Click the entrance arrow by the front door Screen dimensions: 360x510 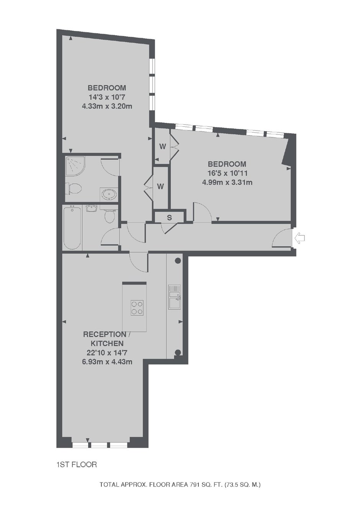(x=299, y=239)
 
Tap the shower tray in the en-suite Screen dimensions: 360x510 (x=75, y=166)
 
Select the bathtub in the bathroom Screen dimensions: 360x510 (x=72, y=228)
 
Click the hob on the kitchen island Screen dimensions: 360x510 (x=137, y=308)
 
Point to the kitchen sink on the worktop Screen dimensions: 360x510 (x=174, y=297)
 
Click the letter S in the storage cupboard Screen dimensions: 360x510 (x=169, y=218)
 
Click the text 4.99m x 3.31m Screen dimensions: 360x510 (x=227, y=183)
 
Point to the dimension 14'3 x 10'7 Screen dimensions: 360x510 (x=107, y=97)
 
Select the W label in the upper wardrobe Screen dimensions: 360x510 (x=163, y=147)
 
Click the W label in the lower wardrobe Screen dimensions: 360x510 (x=160, y=186)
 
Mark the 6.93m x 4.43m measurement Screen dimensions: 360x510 (x=107, y=362)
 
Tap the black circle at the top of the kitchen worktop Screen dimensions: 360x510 (x=178, y=261)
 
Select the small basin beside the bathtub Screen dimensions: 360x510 (x=92, y=208)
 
